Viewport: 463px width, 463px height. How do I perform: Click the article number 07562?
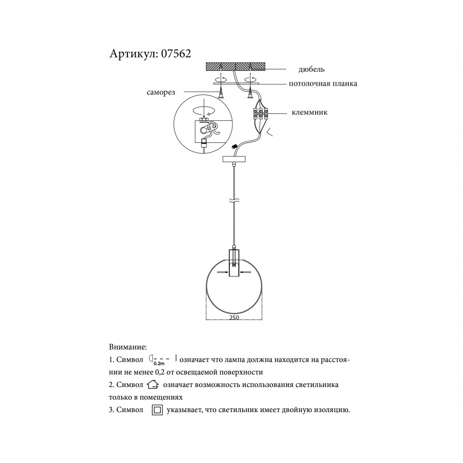[176, 54]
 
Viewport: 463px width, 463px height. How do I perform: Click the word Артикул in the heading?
[133, 54]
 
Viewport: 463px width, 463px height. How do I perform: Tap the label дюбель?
[312, 69]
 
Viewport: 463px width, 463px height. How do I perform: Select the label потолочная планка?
[323, 83]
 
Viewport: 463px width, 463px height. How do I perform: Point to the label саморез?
[161, 93]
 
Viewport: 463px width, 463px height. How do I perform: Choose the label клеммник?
[309, 113]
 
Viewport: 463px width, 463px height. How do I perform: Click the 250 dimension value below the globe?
[234, 318]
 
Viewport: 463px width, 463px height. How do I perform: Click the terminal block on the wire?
[260, 114]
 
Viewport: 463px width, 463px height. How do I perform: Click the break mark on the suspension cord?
[234, 200]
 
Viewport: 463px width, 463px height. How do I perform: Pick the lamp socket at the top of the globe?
[234, 263]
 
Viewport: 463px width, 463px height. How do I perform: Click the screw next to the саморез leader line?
[221, 94]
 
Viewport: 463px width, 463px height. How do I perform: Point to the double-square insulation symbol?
[157, 410]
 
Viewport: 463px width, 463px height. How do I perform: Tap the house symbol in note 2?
[153, 385]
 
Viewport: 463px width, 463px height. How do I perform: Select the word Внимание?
[128, 347]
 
